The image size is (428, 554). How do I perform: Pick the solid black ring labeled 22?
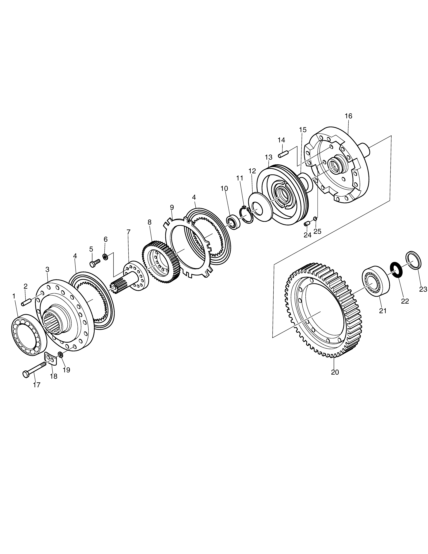(x=395, y=270)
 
